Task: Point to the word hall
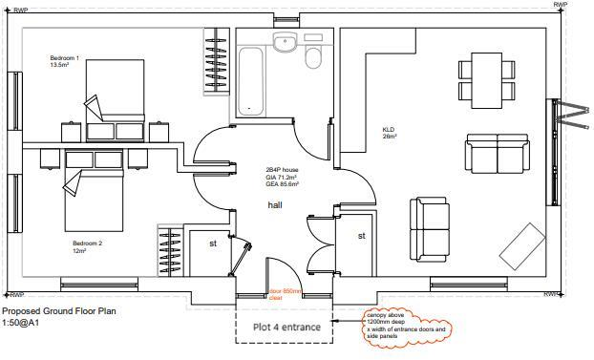point(275,205)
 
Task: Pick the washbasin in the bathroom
point(285,42)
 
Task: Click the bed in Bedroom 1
point(114,90)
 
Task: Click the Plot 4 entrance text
point(286,327)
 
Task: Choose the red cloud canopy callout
point(407,324)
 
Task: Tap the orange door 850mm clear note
point(284,293)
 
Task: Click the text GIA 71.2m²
point(282,177)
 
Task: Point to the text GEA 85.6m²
point(282,183)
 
